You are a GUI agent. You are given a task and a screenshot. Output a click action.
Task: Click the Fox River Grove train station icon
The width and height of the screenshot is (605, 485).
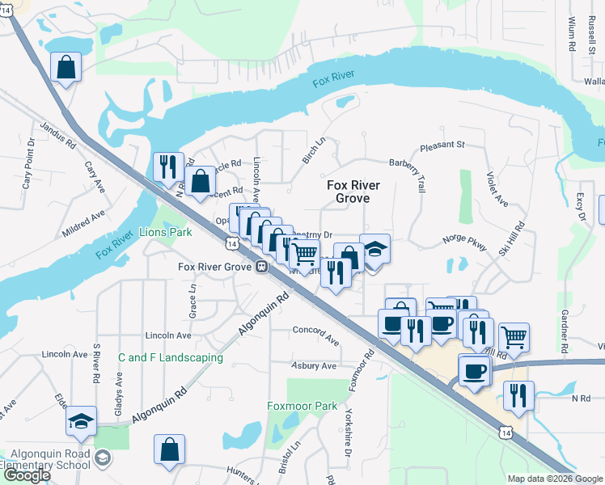point(262,267)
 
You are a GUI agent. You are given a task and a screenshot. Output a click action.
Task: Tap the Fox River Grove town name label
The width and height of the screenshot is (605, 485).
point(353,192)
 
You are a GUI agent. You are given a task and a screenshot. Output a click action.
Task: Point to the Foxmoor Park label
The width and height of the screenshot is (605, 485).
point(302,406)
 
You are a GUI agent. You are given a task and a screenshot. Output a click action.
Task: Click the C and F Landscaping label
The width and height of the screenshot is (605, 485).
point(170,357)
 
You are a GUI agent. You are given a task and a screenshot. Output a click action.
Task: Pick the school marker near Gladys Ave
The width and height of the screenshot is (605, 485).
point(82,420)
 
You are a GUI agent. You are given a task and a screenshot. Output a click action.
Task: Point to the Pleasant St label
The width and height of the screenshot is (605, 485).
point(442,146)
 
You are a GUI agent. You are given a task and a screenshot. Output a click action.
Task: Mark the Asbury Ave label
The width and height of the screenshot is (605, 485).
point(313,366)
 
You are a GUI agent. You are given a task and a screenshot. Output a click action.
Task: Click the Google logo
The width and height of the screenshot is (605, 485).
point(27,475)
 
